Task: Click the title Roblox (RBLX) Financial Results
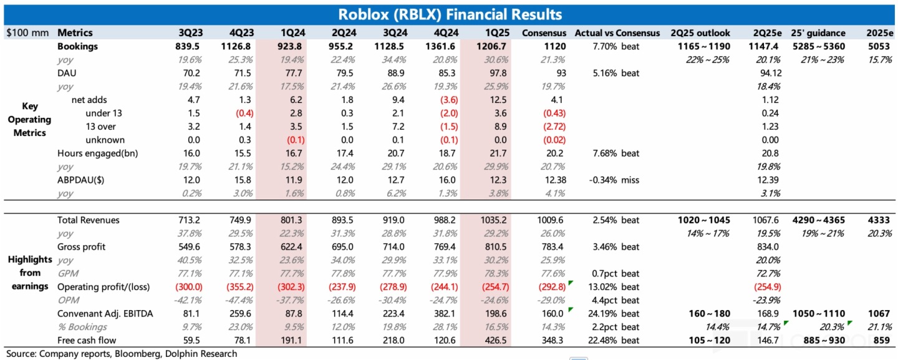coord(449,14)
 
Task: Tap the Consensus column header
coord(544,32)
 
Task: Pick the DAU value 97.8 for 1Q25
coord(482,74)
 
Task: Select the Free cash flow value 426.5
coord(482,341)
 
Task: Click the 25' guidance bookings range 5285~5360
coord(818,47)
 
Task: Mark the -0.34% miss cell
coord(614,180)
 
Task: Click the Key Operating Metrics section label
coord(30,120)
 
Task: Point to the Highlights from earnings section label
coord(30,273)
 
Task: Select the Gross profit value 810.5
coord(482,246)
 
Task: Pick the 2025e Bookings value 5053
coord(880,47)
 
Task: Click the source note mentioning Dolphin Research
coord(122,354)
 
